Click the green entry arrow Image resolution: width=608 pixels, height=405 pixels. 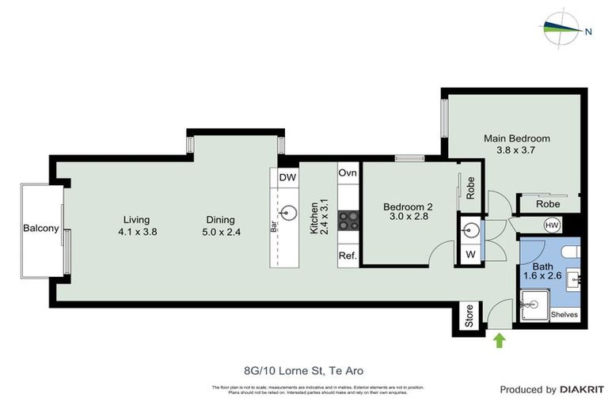[500, 340]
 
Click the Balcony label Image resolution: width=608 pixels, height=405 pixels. [40, 229]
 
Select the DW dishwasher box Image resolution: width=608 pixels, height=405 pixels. [287, 178]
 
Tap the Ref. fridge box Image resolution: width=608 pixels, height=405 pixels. [348, 256]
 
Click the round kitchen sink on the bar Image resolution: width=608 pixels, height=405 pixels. [289, 213]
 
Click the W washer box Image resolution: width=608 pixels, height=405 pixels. [470, 255]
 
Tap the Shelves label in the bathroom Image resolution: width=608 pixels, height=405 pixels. [564, 314]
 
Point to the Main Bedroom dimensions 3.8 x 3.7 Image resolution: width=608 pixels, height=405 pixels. [517, 150]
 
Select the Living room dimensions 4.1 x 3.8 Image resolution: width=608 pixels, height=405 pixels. [136, 233]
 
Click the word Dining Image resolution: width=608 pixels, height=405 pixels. [221, 220]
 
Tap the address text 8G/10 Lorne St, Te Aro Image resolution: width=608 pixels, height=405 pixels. [304, 369]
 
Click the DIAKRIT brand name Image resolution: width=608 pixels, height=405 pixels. [582, 389]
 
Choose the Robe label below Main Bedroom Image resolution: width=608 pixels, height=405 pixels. [548, 204]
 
